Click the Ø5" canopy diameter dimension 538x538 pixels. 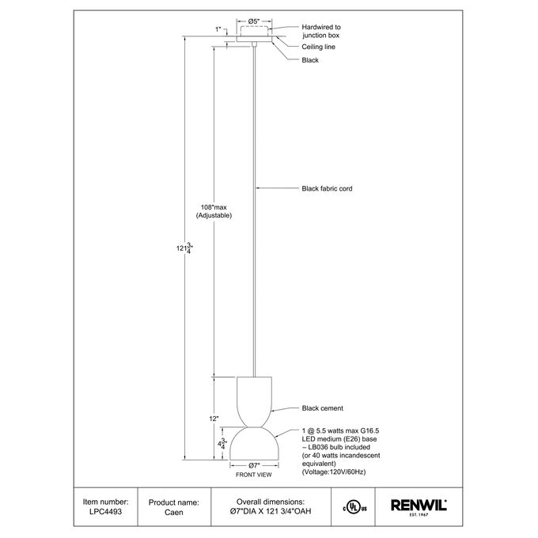(254, 21)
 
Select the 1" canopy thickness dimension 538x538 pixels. (218, 29)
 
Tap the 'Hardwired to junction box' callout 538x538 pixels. (321, 31)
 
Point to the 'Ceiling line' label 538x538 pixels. (318, 47)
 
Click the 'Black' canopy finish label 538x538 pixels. (310, 60)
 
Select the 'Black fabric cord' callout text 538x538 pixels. (327, 188)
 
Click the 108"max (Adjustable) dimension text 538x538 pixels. (214, 211)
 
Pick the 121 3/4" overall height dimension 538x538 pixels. (184, 248)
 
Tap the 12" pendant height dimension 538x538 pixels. (214, 419)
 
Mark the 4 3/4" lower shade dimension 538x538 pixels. (222, 444)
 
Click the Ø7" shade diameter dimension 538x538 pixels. (254, 465)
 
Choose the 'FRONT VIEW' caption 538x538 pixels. (253, 475)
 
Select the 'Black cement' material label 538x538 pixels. (322, 408)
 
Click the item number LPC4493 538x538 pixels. (106, 512)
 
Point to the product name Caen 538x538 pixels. (173, 512)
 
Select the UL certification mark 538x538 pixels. (354, 507)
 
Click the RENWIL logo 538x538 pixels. (419, 507)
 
